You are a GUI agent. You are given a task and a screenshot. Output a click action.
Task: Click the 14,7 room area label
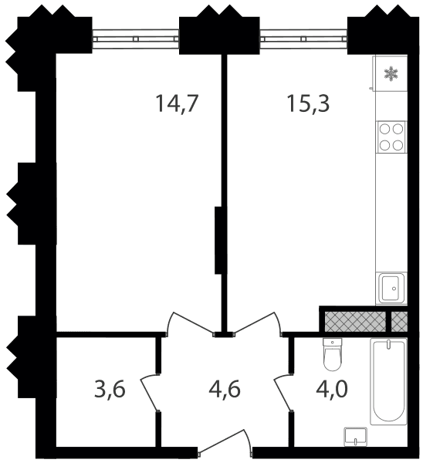[x=176, y=103]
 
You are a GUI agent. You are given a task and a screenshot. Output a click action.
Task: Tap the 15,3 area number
[x=308, y=103]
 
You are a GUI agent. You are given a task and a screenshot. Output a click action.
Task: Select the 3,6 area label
[x=110, y=389]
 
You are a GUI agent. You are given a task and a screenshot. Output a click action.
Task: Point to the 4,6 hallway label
[x=225, y=389]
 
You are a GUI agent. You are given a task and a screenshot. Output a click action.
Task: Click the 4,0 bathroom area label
[x=332, y=389]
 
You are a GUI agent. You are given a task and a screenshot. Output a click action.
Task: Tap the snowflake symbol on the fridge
[x=391, y=74]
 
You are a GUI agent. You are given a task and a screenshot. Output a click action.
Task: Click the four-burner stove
[x=391, y=137]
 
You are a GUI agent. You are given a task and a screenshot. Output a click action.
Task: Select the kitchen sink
[x=391, y=288]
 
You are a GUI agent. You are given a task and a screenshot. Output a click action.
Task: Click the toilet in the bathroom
[x=333, y=354]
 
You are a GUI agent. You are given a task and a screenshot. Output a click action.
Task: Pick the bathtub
[x=388, y=381]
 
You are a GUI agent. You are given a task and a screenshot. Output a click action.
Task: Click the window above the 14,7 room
[x=136, y=39]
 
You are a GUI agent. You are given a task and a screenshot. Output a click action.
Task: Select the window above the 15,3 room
[x=303, y=39]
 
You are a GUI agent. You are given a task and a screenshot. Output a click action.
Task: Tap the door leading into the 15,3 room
[x=258, y=324]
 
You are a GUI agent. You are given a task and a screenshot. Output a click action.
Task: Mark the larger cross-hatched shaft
[x=355, y=322]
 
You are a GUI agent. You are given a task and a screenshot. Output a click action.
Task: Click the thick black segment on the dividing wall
[x=218, y=240]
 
